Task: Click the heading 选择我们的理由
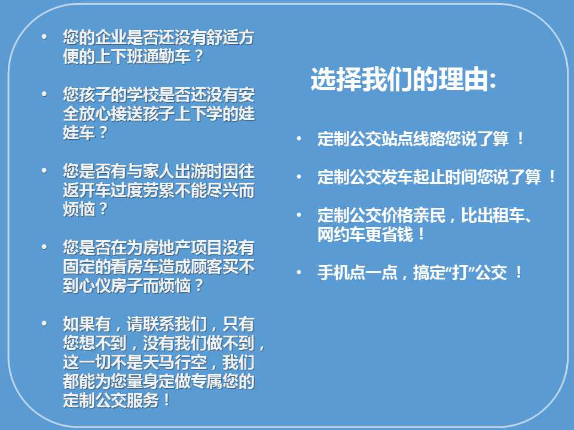399,79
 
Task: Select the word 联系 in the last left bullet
158,324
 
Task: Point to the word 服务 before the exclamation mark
143,400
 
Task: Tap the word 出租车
493,216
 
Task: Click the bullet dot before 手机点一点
299,272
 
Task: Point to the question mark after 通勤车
199,56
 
